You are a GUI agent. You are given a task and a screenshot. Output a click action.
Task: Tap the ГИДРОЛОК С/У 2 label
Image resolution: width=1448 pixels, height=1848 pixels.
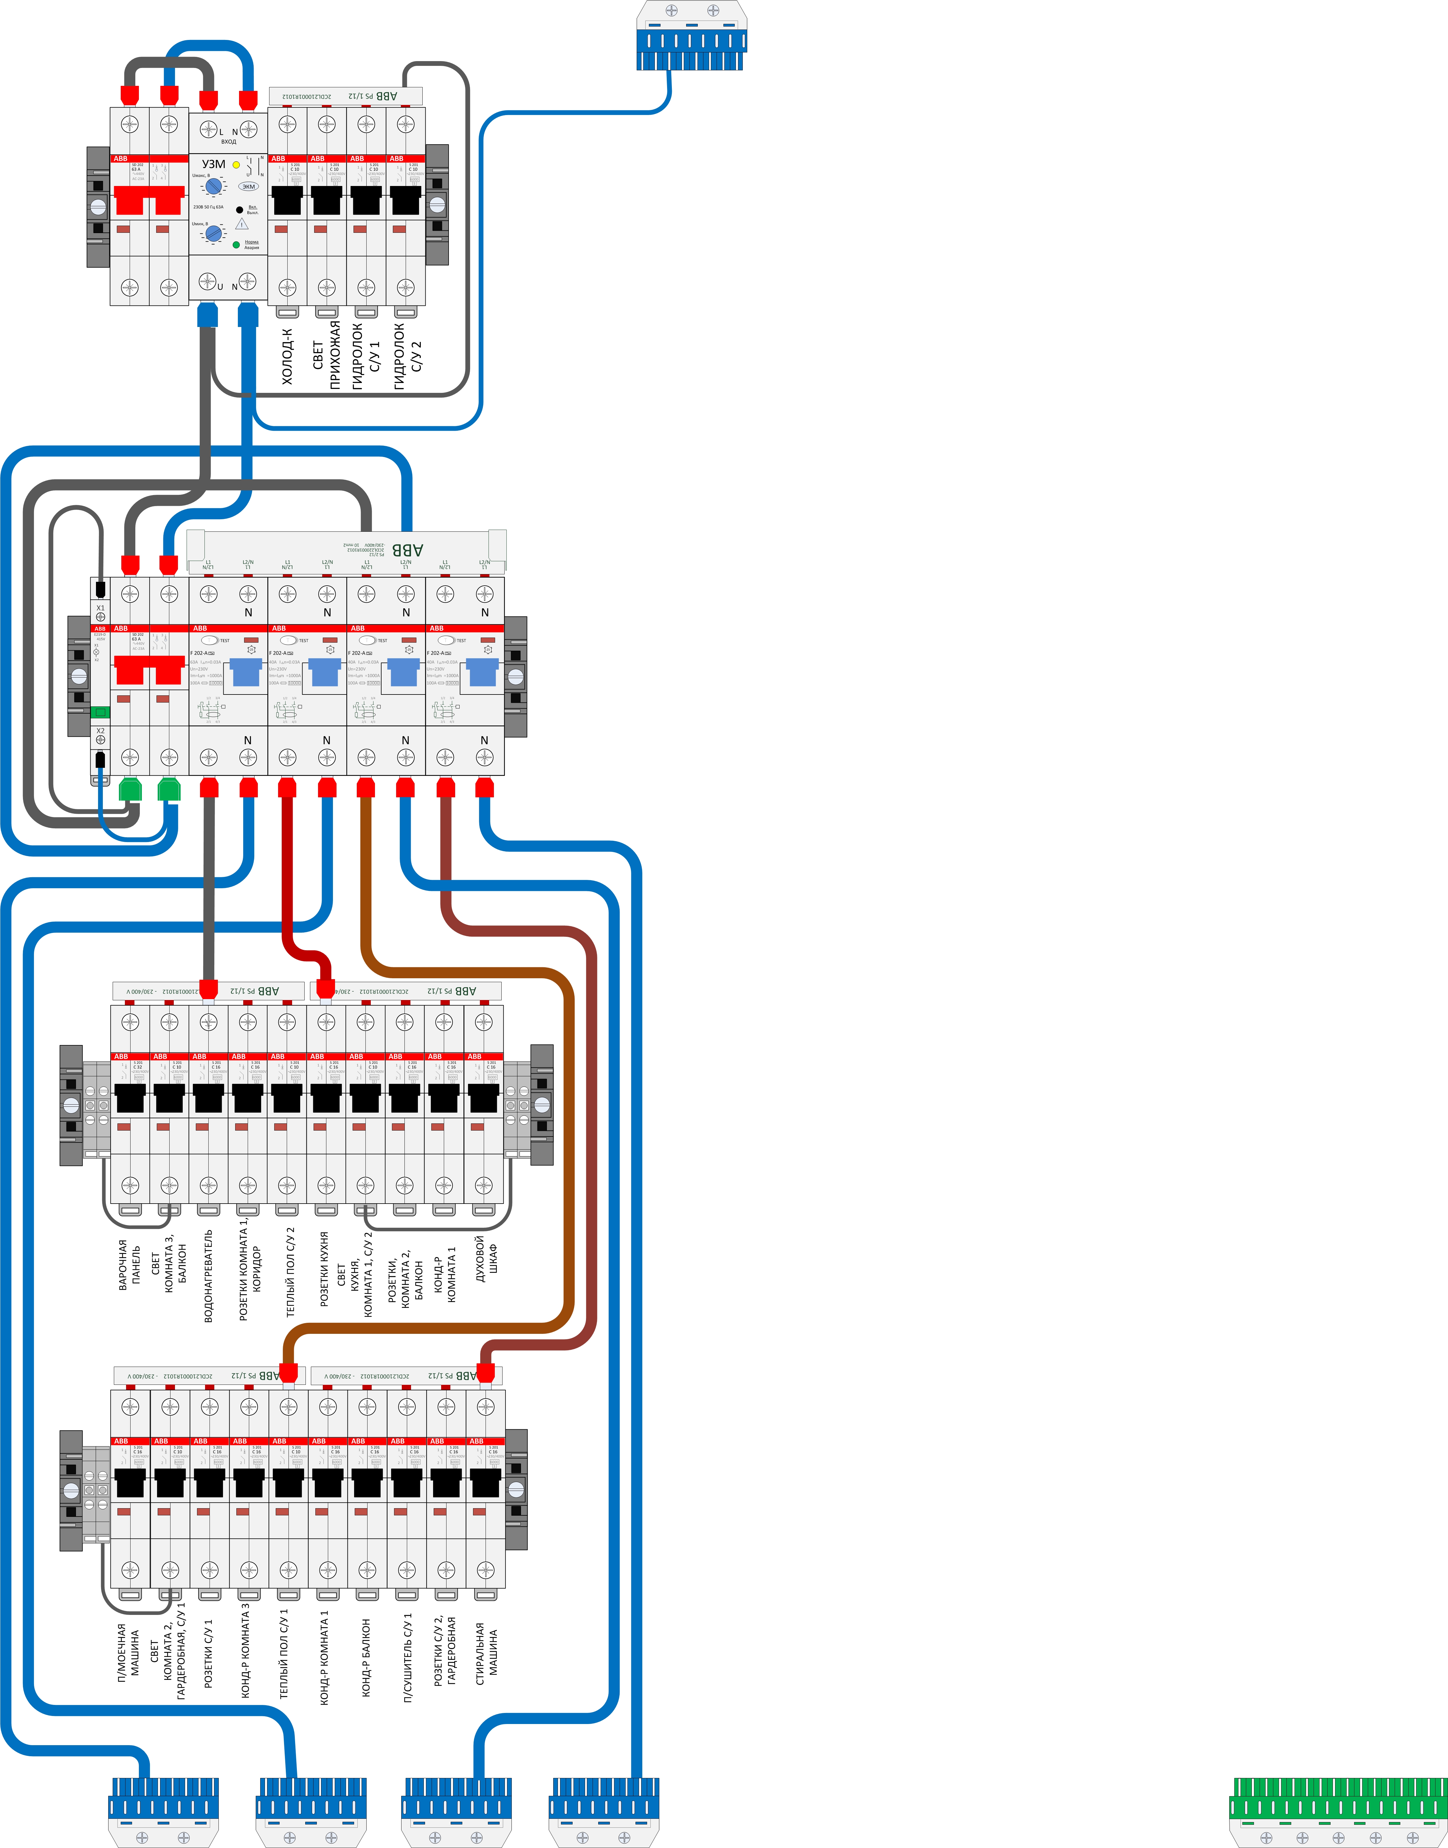407,356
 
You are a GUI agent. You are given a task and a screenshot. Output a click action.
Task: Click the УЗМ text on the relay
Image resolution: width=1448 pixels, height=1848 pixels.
214,165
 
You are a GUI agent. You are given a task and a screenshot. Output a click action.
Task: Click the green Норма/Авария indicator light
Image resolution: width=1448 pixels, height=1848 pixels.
236,244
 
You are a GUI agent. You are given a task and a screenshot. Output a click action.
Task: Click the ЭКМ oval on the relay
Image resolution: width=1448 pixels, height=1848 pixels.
248,187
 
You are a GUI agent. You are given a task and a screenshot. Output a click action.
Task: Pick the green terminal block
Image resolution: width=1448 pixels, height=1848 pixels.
1338,1813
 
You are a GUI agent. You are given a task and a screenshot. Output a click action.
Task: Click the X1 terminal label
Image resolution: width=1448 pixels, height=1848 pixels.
100,608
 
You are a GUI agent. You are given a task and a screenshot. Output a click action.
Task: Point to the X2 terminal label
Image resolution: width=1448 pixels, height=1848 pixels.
100,731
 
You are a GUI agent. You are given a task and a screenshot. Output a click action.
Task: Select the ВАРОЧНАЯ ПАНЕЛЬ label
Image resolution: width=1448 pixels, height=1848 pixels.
129,1265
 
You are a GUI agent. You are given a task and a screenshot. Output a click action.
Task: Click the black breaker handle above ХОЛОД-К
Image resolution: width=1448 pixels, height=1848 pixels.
287,200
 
